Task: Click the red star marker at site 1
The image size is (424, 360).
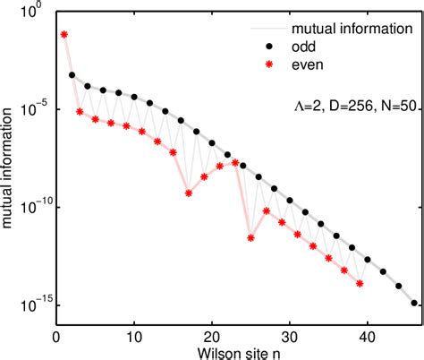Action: [x=64, y=34]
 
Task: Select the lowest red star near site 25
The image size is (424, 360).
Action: [x=250, y=238]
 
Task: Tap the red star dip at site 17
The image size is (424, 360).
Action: [x=188, y=193]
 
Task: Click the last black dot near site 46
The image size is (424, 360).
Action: [x=413, y=303]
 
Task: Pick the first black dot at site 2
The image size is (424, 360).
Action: [x=72, y=75]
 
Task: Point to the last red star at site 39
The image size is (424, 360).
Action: [x=360, y=283]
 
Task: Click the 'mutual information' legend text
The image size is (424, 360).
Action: [x=350, y=29]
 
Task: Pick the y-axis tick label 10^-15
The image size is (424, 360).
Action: [x=36, y=305]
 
